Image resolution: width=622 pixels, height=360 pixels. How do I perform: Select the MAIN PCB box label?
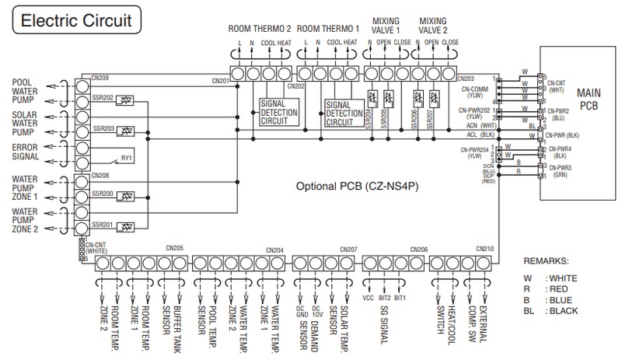589,100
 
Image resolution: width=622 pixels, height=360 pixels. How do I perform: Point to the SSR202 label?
104,98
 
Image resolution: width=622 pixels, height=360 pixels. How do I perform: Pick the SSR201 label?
104,225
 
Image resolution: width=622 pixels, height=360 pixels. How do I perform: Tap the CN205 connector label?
174,249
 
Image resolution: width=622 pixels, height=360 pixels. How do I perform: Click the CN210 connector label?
484,249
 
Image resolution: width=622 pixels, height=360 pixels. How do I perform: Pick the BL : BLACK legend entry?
553,310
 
